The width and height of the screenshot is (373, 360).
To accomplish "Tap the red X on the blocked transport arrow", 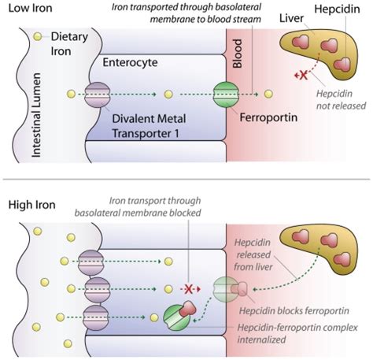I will point(190,288).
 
